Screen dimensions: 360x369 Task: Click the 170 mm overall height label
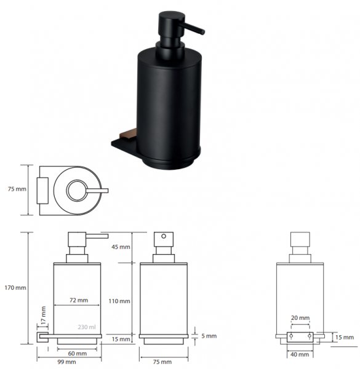tap(15, 288)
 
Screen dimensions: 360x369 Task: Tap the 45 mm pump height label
tap(121, 247)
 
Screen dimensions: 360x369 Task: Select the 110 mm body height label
tap(119, 301)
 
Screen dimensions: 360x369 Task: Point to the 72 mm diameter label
tap(79, 300)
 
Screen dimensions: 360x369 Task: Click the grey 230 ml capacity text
tap(87, 327)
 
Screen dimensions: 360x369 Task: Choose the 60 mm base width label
tap(78, 353)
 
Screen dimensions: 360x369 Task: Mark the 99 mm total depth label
tap(67, 362)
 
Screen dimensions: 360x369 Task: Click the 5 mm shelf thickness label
tap(209, 336)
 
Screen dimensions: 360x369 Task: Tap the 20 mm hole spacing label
tap(300, 318)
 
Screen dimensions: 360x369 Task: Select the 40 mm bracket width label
tap(300, 354)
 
